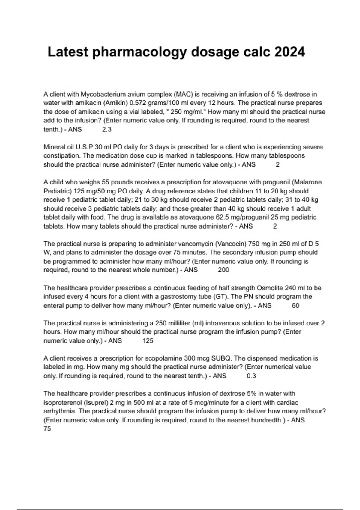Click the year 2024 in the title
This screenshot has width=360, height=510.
click(x=289, y=52)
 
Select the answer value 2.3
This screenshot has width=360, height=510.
click(x=107, y=130)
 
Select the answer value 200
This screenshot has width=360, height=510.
click(x=223, y=270)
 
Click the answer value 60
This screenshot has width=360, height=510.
click(x=295, y=306)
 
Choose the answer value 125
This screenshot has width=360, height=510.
click(x=148, y=341)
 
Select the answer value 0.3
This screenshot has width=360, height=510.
click(x=251, y=376)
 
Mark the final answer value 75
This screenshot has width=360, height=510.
click(x=47, y=429)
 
